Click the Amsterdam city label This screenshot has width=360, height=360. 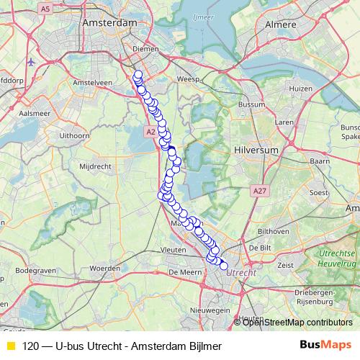pyautogui.click(x=109, y=23)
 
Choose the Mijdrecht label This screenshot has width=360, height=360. pyautogui.click(x=92, y=166)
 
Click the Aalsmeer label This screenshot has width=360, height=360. pyautogui.click(x=35, y=114)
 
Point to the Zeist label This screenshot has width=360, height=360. pyautogui.click(x=285, y=265)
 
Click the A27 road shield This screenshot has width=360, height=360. pyautogui.click(x=260, y=190)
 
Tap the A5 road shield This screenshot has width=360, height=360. pyautogui.click(x=46, y=9)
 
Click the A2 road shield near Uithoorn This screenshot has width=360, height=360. pyautogui.click(x=150, y=132)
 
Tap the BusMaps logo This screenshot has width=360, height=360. pyautogui.click(x=325, y=345)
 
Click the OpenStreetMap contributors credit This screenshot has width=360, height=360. pyautogui.click(x=298, y=322)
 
